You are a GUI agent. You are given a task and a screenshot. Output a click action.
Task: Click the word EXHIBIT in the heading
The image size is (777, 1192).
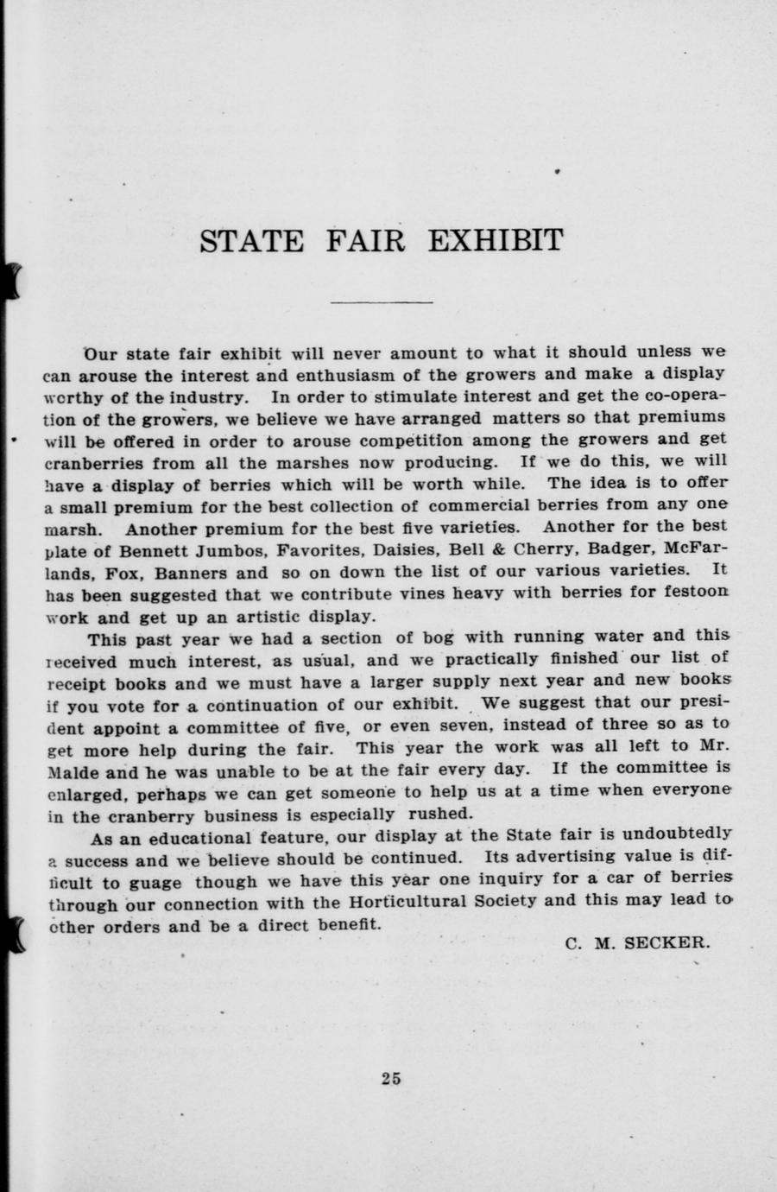pyautogui.click(x=496, y=240)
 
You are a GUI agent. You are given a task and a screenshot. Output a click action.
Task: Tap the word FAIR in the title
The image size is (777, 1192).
pyautogui.click(x=365, y=240)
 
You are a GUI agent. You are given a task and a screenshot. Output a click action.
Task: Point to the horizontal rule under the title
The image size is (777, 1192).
pyautogui.click(x=382, y=302)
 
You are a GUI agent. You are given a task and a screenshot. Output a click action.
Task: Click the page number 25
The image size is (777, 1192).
pyautogui.click(x=390, y=1077)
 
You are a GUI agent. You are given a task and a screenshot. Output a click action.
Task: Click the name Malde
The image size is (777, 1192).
pyautogui.click(x=72, y=770)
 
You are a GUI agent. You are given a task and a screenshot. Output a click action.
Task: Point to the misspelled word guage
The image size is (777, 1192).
pyautogui.click(x=155, y=883)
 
